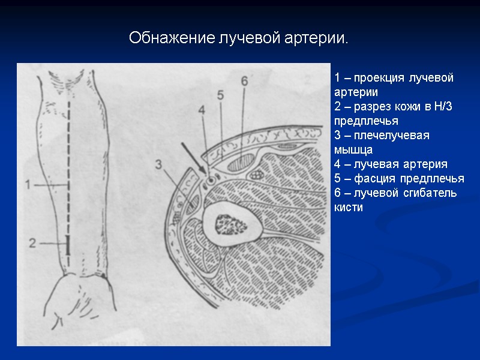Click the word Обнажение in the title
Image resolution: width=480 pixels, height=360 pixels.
163,39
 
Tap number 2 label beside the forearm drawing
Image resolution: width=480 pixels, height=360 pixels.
32,242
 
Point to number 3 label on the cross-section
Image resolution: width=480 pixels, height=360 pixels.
158,164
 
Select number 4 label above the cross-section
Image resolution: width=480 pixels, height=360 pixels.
201,110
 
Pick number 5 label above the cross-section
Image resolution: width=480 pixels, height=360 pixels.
220,95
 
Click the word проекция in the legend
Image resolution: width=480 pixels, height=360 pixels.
379,78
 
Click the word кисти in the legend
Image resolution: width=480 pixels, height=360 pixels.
348,208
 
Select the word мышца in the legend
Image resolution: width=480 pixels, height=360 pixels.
353,150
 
